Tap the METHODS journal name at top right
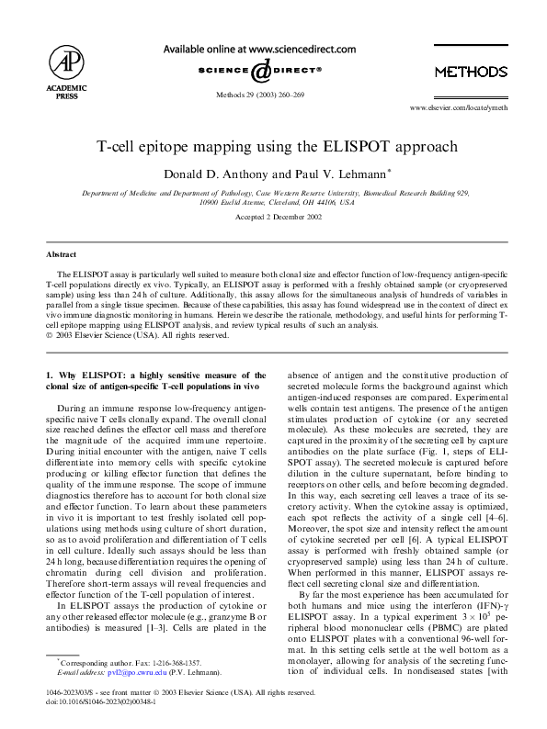pos(470,72)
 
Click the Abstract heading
pos(63,253)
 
